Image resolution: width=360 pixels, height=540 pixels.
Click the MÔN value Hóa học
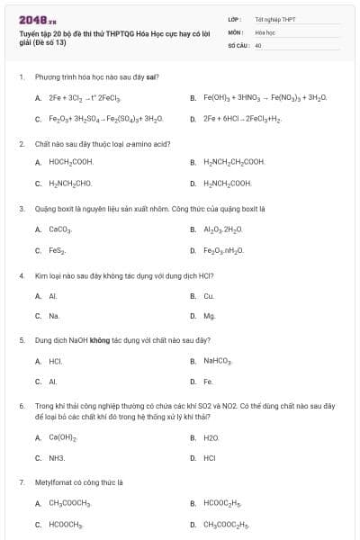[264, 31]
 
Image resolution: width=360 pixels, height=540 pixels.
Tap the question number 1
[21, 76]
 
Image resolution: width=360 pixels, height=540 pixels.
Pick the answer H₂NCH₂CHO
[68, 183]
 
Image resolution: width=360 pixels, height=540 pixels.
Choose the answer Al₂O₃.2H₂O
[223, 229]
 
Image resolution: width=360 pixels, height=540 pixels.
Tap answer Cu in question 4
[208, 295]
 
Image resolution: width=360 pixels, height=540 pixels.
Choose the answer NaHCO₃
[218, 361]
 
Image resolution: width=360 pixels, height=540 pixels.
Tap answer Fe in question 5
[208, 382]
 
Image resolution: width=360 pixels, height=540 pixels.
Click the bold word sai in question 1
[152, 76]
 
